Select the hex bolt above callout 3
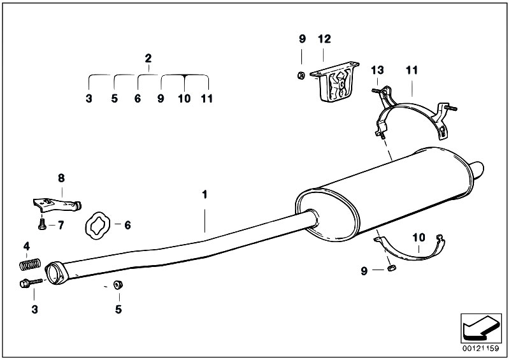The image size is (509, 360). (31, 283)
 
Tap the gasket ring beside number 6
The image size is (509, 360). (97, 226)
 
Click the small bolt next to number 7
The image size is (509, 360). (42, 224)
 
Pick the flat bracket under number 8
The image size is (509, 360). (57, 205)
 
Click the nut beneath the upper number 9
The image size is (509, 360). (301, 76)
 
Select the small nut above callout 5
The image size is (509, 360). (117, 284)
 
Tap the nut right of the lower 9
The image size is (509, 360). (392, 268)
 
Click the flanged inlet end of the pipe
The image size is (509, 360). (56, 273)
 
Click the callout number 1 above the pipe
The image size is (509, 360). (204, 195)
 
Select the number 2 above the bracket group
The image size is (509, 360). (148, 59)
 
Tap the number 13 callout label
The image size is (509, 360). (378, 70)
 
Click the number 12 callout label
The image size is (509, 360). (324, 39)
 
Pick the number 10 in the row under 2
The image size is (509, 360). (184, 98)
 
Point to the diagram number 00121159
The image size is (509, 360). (481, 349)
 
